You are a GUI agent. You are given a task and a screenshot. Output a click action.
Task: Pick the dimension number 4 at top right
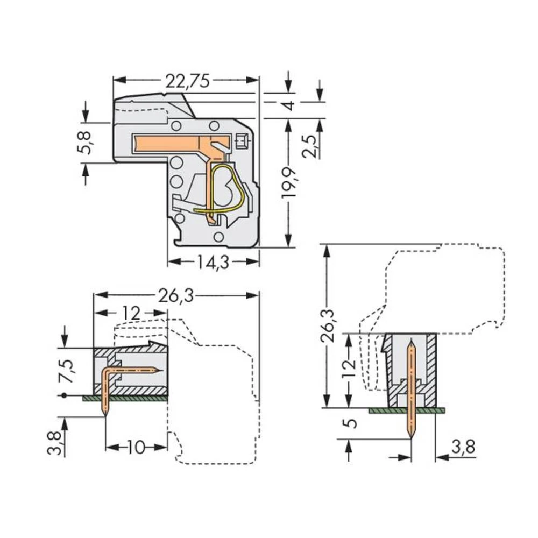290,105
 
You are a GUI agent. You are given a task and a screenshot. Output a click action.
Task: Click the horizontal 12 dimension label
131,313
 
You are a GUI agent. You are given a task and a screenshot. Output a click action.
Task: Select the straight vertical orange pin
412,387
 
